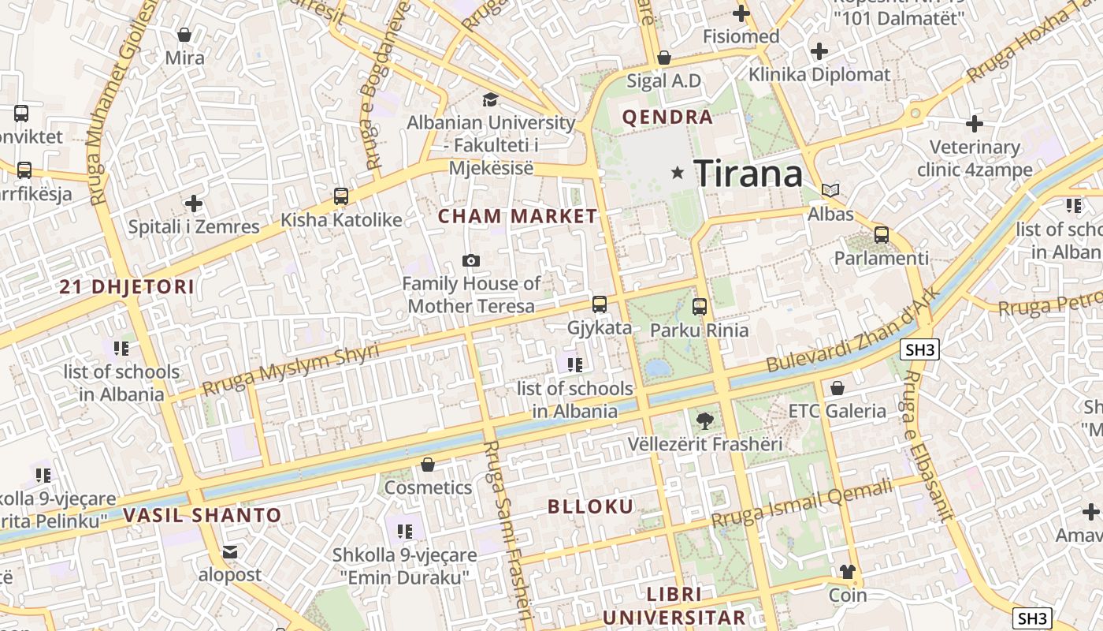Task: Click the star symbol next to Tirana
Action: point(677,172)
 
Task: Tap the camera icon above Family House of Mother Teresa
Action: point(471,260)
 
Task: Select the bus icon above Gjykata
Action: point(600,304)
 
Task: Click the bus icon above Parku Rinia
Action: point(700,307)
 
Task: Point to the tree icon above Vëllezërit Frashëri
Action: point(705,421)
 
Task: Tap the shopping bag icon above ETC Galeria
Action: point(837,388)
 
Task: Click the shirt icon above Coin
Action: point(848,572)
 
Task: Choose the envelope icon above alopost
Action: point(230,552)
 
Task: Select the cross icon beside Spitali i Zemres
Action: point(194,203)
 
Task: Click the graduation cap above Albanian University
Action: point(490,99)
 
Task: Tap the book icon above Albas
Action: point(830,190)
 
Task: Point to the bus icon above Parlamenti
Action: point(882,235)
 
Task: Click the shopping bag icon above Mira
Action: point(184,35)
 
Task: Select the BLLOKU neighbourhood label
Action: point(591,506)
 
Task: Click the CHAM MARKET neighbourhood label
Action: point(518,216)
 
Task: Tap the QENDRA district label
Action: point(667,118)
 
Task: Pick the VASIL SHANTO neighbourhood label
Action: point(202,516)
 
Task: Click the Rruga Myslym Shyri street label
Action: point(291,370)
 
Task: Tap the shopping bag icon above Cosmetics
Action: point(428,465)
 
